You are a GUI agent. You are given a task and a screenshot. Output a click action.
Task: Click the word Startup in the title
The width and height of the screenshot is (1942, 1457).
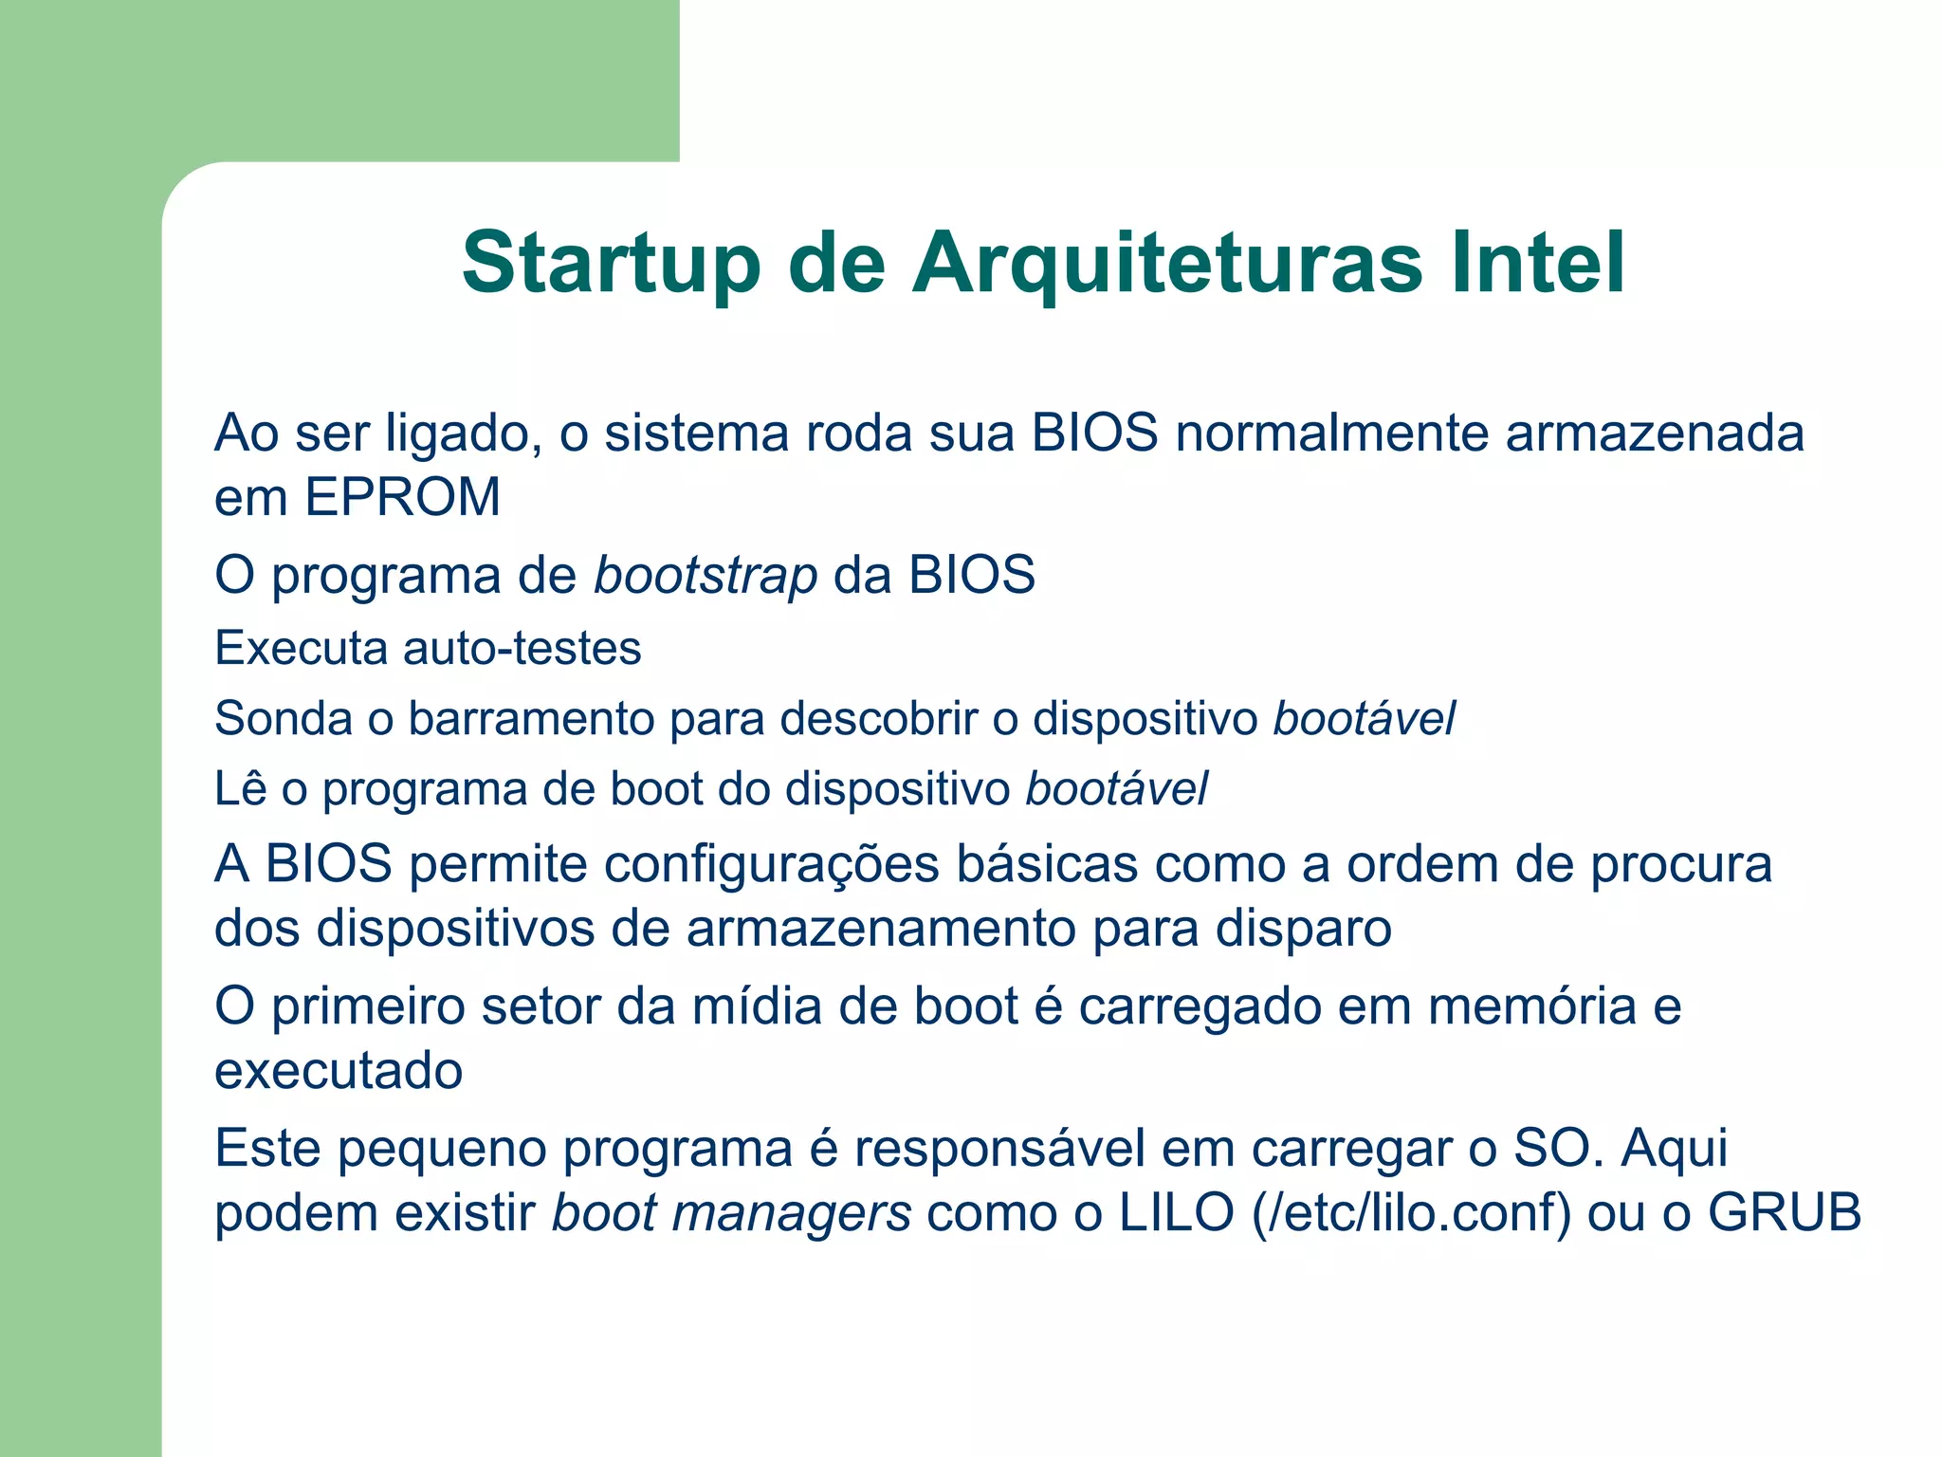click(611, 264)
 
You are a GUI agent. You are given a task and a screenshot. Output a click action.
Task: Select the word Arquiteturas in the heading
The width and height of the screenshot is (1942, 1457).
click(1167, 264)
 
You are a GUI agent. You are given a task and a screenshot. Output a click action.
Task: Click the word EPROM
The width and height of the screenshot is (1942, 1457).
click(402, 497)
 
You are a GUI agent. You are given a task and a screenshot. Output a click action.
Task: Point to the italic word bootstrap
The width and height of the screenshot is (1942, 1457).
click(705, 576)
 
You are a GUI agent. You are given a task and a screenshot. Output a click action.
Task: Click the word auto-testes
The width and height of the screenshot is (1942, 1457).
click(522, 649)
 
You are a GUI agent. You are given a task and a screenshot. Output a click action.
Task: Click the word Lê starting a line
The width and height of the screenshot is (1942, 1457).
click(240, 788)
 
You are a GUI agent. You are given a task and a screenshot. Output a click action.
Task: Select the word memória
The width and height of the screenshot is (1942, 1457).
click(1531, 1006)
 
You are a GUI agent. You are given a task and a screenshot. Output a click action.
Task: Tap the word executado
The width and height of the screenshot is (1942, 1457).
click(339, 1071)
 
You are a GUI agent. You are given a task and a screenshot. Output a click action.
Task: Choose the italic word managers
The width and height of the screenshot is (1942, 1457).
click(792, 1213)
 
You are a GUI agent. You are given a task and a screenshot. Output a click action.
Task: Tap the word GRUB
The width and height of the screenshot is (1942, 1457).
click(1785, 1213)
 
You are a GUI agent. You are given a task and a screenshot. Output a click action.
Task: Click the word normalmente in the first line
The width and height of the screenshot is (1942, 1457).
click(1331, 433)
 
